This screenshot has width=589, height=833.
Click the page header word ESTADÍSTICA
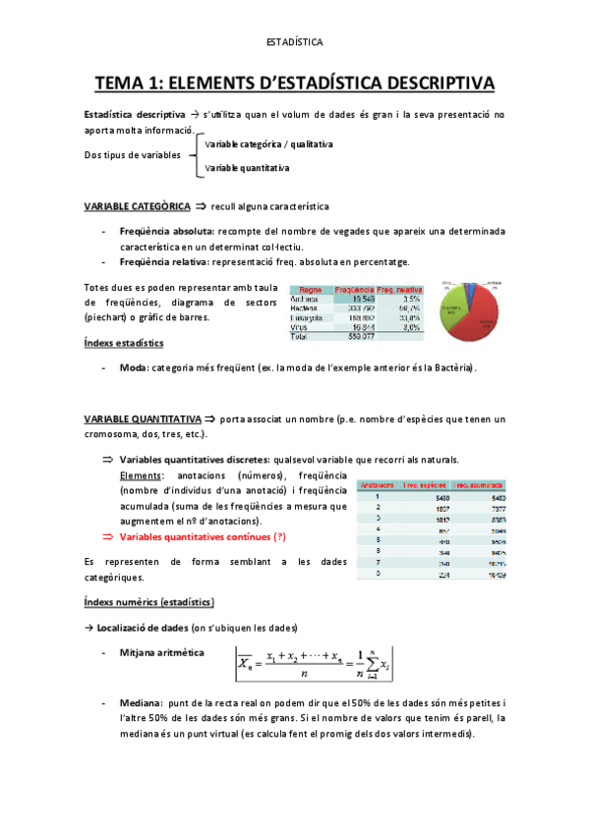click(294, 42)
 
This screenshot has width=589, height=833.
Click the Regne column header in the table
click(311, 291)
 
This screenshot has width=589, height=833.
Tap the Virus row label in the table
click(299, 327)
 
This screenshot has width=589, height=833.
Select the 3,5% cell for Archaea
click(411, 300)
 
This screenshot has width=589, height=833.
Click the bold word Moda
click(133, 367)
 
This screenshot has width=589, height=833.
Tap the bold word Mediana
click(140, 704)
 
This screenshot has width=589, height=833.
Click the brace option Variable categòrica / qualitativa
click(268, 144)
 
